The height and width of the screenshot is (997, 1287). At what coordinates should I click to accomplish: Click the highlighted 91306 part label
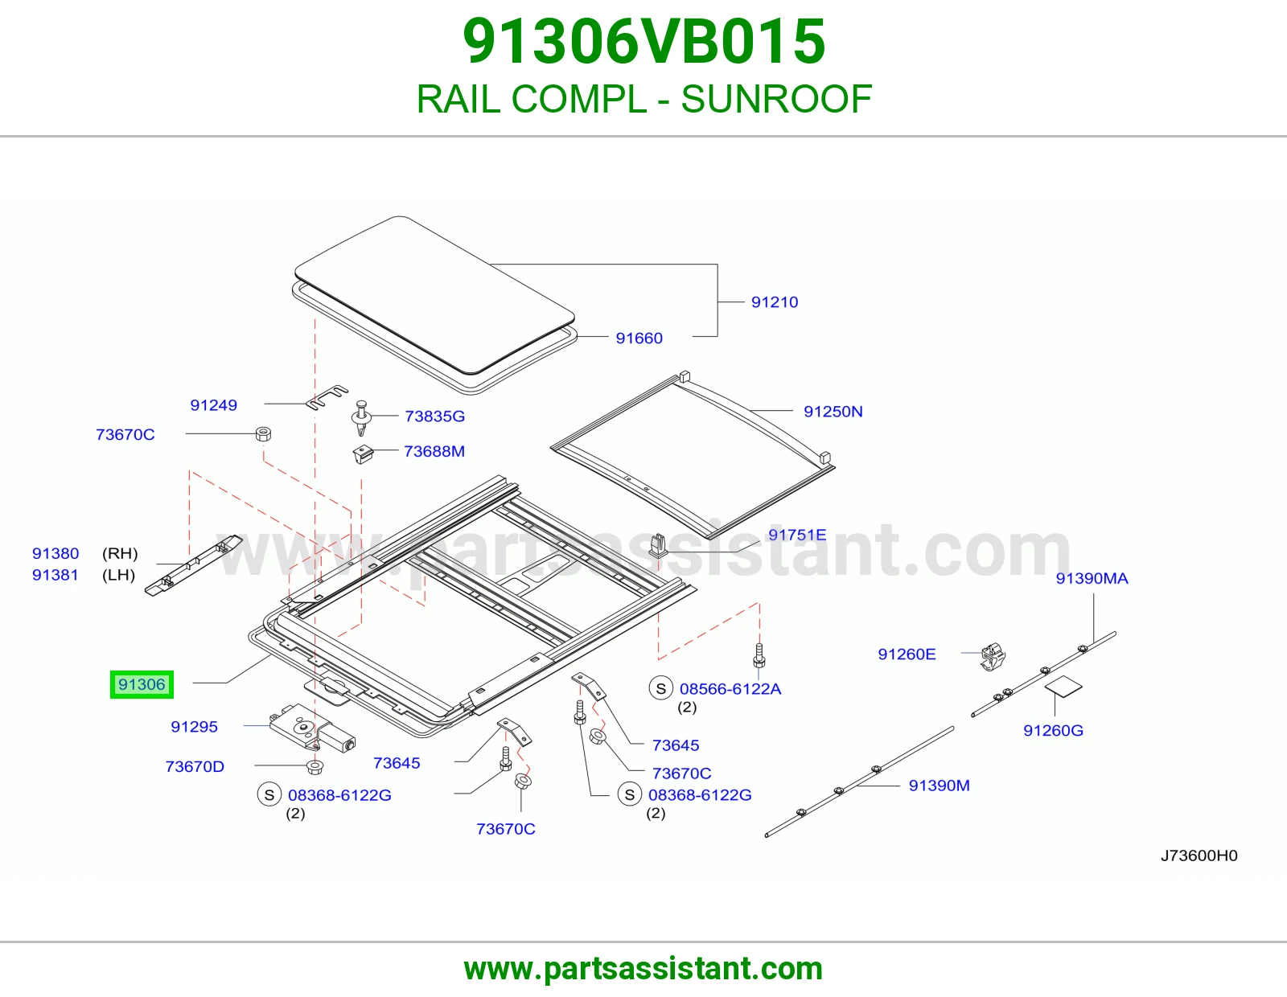coord(142,684)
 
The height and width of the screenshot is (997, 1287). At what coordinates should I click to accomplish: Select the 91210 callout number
coord(774,302)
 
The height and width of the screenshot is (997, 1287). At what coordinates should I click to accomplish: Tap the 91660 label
coord(639,338)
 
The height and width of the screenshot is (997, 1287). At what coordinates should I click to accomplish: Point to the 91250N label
coord(833,412)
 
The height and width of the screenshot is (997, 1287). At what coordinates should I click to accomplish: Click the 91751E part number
coord(796,535)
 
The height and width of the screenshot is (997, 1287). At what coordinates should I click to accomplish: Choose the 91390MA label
coord(1092,578)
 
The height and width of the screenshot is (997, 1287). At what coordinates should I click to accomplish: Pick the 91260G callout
coord(1053,730)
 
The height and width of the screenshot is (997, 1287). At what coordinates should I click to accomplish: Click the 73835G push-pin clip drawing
coord(361,416)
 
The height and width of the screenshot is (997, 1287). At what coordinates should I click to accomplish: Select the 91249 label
coord(213,405)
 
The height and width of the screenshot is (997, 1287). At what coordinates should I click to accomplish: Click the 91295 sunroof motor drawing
coord(312,728)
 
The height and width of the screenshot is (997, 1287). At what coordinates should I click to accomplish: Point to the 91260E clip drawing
coord(993,657)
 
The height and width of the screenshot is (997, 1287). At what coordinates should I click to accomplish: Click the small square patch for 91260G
coord(1063,687)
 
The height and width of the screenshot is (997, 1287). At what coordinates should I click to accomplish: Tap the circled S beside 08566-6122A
coord(661,688)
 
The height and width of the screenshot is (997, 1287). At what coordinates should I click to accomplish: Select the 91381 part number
coord(55,575)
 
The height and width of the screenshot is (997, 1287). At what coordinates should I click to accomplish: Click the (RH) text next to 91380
coord(120,553)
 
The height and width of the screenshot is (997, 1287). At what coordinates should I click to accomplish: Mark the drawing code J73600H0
coord(1199,855)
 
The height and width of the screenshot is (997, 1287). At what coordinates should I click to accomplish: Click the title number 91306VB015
coord(643,41)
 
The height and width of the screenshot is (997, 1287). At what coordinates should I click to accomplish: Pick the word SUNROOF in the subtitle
coord(776,99)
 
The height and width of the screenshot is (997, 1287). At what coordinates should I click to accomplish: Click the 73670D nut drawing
coord(315,768)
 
